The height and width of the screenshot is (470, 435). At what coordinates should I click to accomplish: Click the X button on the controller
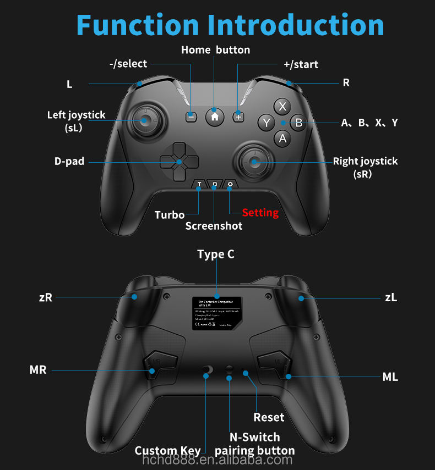pos(282,106)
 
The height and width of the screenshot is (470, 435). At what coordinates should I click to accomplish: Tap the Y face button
pos(267,123)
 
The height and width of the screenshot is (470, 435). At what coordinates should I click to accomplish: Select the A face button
pos(282,139)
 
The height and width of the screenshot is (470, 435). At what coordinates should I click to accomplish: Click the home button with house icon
pos(215,117)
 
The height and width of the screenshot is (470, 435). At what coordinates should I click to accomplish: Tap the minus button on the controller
pos(191,117)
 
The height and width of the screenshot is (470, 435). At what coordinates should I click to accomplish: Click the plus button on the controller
pos(238,117)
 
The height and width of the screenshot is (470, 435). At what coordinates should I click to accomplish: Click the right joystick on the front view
pos(254,161)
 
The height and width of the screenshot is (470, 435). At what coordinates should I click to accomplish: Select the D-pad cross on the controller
pos(179,161)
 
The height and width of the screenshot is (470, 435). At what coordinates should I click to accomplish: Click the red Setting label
pos(260,213)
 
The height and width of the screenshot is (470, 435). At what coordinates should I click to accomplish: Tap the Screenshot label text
pos(214,226)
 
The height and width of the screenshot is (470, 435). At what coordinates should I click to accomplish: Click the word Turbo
pos(170,215)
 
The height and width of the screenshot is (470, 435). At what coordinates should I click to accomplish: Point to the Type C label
pos(216,255)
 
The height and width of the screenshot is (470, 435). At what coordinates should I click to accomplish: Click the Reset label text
pos(269,417)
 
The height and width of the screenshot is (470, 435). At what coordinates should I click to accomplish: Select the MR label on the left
pos(38,369)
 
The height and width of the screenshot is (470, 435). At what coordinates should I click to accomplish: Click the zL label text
pos(391,297)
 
